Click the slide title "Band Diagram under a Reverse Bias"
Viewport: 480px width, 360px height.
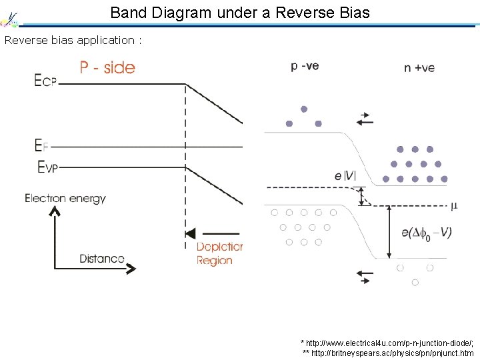[239, 12]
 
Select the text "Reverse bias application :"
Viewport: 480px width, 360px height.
[73, 40]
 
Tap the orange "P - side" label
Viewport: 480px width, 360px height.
[107, 67]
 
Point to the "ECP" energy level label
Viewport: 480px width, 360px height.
[45, 81]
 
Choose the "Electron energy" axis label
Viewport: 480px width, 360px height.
[65, 198]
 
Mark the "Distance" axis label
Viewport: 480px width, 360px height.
[102, 258]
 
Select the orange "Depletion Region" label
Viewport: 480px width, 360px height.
[219, 253]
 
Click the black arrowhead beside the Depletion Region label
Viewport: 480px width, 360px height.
[191, 233]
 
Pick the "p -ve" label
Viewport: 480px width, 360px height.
[305, 66]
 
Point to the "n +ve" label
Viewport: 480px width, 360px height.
[419, 68]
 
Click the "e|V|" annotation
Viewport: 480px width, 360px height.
[345, 176]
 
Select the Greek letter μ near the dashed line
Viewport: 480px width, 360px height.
[454, 206]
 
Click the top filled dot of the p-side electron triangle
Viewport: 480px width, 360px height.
[303, 109]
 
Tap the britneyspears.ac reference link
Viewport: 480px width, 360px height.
[388, 352]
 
